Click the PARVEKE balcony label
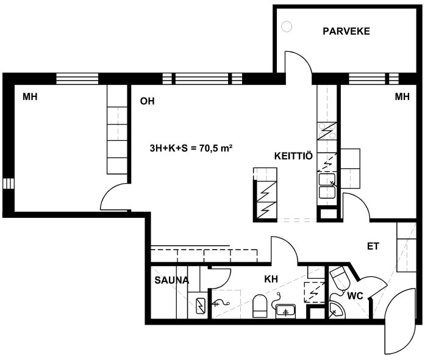click(346, 31)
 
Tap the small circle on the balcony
click(287, 27)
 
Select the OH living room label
click(147, 101)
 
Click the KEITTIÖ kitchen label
click(293, 156)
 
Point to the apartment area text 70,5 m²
click(216, 148)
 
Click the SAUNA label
click(171, 280)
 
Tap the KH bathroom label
click(271, 279)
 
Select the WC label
click(355, 296)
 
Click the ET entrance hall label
click(373, 247)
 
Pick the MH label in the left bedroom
click(30, 96)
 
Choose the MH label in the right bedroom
click(402, 96)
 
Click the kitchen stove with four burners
click(327, 131)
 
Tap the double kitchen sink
click(327, 186)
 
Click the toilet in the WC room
click(340, 277)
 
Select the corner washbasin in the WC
click(336, 310)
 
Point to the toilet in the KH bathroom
click(260, 306)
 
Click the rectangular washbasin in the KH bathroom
click(285, 311)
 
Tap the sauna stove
click(201, 306)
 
